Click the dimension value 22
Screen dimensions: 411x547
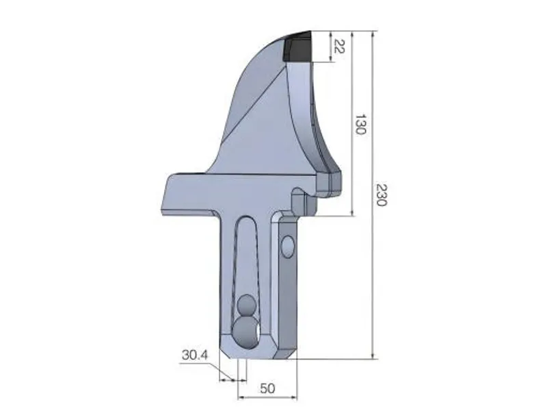coord(338,47)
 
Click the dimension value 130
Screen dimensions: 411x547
coord(360,124)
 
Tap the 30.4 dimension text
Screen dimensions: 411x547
coord(195,356)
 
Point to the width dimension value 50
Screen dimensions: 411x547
coord(267,388)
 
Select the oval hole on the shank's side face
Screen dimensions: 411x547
coord(289,245)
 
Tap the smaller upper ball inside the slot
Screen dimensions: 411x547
coord(247,303)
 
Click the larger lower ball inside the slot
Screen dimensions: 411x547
coord(245,330)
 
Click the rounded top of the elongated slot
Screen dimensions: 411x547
coord(248,221)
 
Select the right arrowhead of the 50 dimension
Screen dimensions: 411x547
coord(296,397)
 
